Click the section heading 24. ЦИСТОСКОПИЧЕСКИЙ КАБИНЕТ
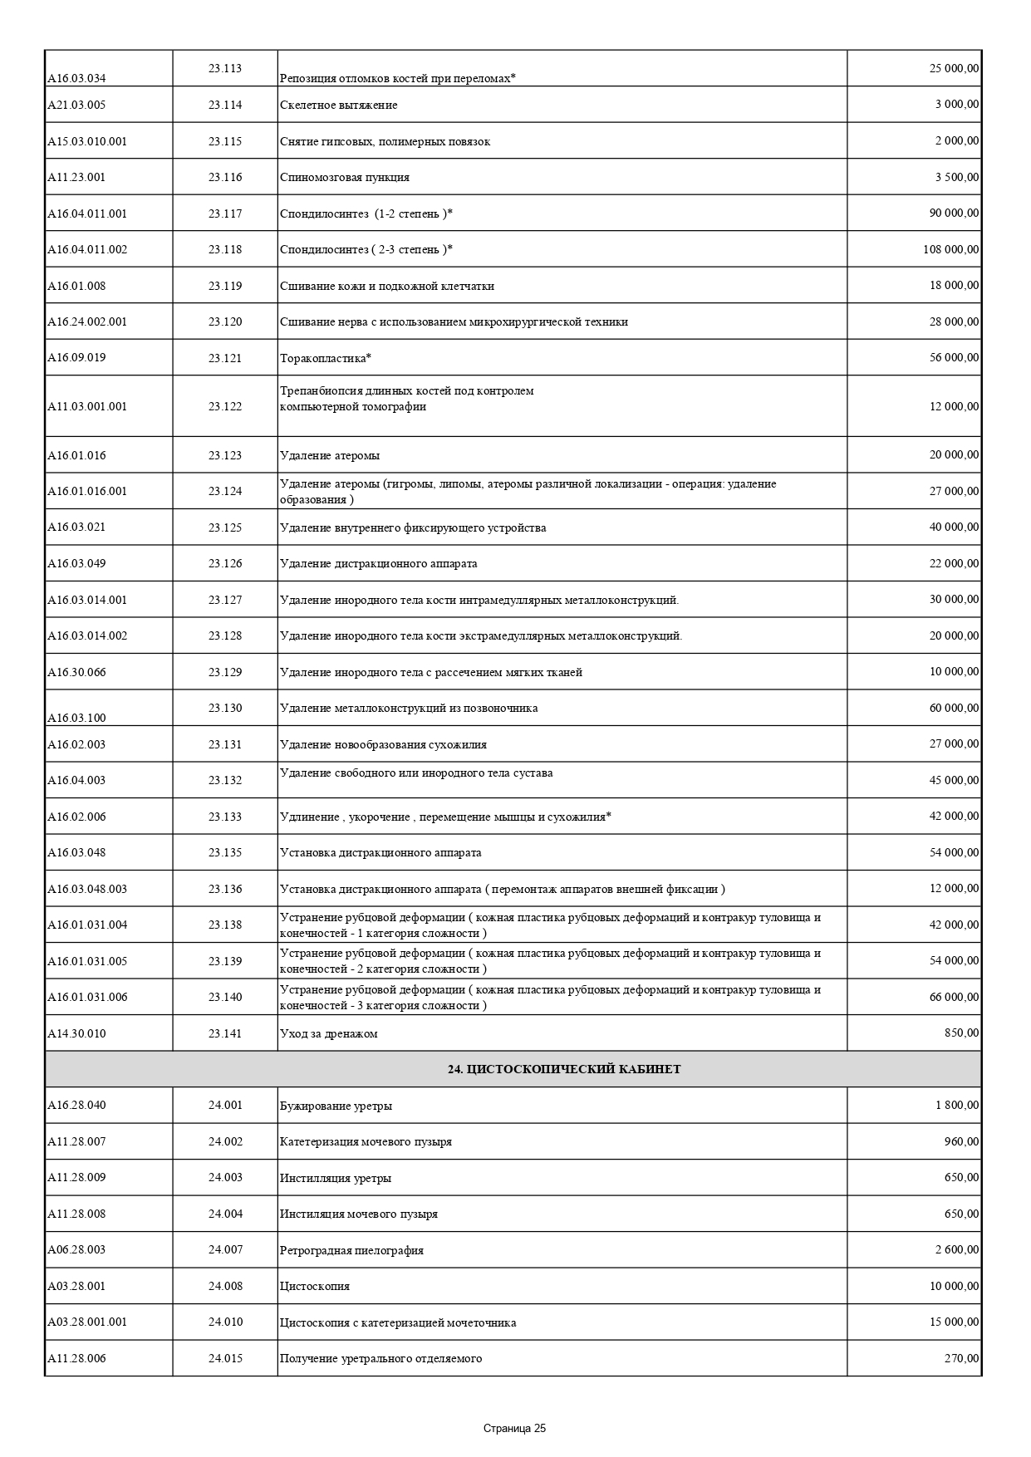[x=564, y=1069]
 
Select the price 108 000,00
[x=950, y=249]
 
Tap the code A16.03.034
[x=76, y=78]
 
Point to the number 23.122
[x=225, y=406]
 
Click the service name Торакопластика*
[x=326, y=358]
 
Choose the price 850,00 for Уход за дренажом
[x=961, y=1033]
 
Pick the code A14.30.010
[x=76, y=1033]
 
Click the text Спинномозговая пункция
[x=345, y=177]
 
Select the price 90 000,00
[x=954, y=213]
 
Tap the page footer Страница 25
[x=514, y=1429]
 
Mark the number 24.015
[x=225, y=1358]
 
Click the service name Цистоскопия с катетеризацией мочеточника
[x=398, y=1322]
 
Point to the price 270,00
[x=961, y=1357]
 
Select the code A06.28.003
[x=76, y=1249]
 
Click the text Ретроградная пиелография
[x=351, y=1250]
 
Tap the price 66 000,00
[x=954, y=996]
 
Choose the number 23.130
[x=225, y=708]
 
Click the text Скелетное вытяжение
[x=339, y=105]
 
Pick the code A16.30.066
[x=76, y=672]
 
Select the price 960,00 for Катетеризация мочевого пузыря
[x=961, y=1141]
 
